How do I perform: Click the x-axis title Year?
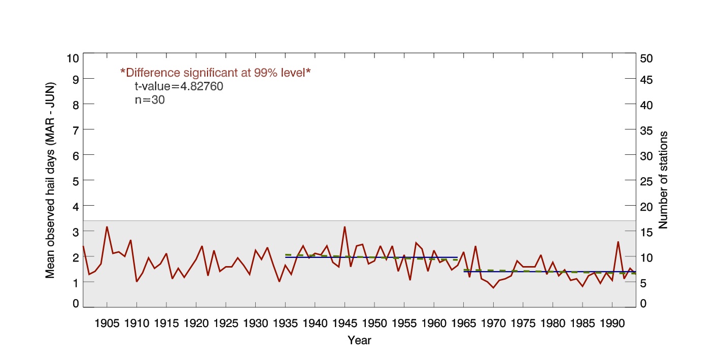tap(359, 341)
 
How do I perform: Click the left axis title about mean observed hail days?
tap(50, 180)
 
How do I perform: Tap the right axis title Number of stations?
tap(663, 180)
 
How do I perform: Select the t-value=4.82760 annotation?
tap(175, 86)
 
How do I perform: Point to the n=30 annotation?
tap(146, 100)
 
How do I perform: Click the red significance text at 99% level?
tap(215, 73)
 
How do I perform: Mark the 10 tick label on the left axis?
tap(73, 58)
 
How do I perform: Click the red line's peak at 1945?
tap(345, 227)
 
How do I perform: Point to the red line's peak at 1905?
tap(107, 227)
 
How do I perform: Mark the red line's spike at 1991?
tap(618, 242)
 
